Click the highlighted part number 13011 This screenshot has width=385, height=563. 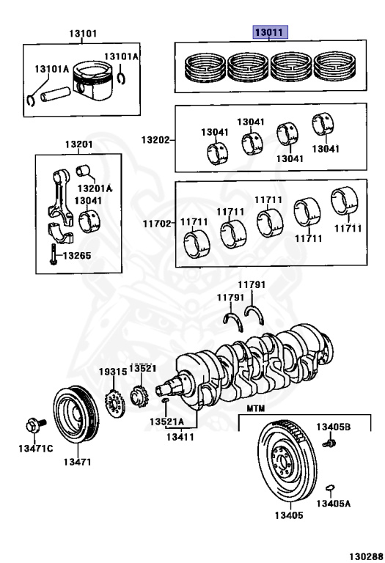[270, 33]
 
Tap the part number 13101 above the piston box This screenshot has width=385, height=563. [83, 34]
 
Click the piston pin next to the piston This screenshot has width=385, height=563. [55, 94]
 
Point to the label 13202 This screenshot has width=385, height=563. [155, 140]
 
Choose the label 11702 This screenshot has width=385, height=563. [157, 224]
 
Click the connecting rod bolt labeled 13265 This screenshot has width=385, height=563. [53, 254]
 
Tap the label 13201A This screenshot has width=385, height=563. [95, 188]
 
